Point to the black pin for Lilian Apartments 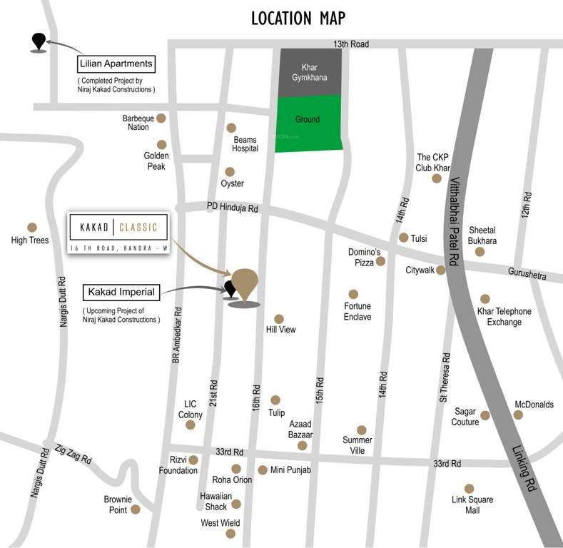tap(38, 42)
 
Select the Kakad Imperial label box tap(121, 292)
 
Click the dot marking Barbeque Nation tap(162, 118)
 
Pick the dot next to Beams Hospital tap(231, 128)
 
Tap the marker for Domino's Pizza tap(381, 261)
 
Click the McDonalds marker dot tap(518, 415)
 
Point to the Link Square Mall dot tap(469, 488)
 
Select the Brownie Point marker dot tap(136, 509)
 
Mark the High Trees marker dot tap(31, 228)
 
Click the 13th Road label tap(350, 44)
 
